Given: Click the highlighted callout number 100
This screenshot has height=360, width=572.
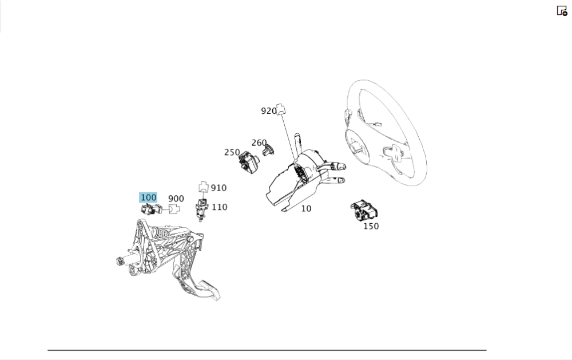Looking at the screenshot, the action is tap(148, 197).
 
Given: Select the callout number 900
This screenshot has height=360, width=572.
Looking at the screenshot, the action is tap(176, 199).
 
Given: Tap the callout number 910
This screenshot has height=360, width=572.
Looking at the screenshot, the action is tap(219, 188).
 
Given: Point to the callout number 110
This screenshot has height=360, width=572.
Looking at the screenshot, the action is tap(219, 207).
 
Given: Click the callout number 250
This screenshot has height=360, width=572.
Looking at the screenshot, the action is tap(232, 152).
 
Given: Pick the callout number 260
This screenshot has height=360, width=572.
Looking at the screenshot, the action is tap(259, 143).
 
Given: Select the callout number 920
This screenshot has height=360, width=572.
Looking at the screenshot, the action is tap(269, 111).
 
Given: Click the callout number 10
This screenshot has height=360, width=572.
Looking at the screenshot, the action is tap(306, 208).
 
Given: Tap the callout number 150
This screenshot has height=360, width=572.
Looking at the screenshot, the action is tap(371, 226).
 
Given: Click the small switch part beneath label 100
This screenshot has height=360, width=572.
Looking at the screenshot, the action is tap(151, 209).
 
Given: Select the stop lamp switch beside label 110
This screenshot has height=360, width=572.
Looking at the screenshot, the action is tap(201, 209).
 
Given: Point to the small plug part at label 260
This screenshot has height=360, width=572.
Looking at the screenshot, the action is tap(268, 150).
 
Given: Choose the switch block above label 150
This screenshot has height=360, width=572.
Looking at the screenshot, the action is tap(364, 211).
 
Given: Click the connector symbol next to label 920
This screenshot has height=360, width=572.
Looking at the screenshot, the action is tap(281, 109).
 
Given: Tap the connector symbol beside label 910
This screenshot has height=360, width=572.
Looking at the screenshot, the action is tap(204, 187).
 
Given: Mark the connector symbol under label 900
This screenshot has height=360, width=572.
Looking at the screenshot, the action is tap(174, 209).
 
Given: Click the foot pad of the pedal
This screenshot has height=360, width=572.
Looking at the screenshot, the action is tap(209, 290).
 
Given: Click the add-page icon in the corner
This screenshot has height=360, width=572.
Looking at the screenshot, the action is tap(562, 11).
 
